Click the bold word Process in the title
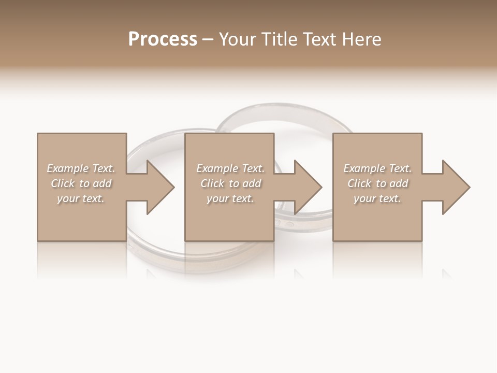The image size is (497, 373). [163, 39]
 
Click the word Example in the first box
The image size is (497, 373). [67, 168]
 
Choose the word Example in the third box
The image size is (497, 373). [364, 168]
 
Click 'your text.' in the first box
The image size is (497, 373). [81, 198]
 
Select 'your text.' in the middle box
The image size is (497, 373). [230, 198]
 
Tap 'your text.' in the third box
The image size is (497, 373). [377, 198]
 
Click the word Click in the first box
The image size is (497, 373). [63, 183]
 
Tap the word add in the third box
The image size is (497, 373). [399, 183]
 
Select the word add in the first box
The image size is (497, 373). [102, 183]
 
